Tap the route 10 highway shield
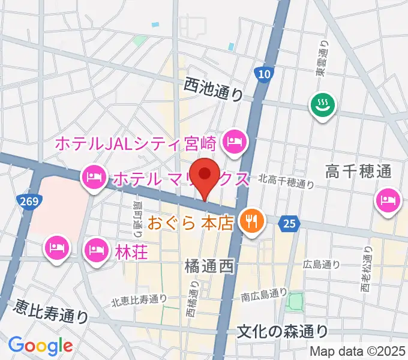(264, 74)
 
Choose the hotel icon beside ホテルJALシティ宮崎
(232, 142)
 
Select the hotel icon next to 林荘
(96, 248)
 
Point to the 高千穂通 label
(358, 173)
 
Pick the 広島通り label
(322, 263)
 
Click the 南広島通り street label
(264, 294)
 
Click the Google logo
(40, 345)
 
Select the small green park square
(295, 302)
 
